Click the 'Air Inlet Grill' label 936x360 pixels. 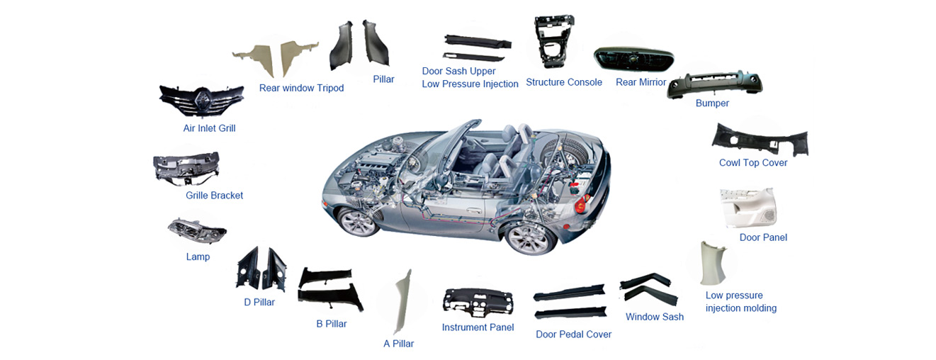209,128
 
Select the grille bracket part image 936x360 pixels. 186,168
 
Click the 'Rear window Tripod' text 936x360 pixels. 301,88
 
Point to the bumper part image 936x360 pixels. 714,84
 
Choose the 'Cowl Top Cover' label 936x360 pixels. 753,163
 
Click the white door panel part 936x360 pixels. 748,208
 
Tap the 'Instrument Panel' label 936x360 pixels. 478,327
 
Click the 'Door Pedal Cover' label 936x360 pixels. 574,334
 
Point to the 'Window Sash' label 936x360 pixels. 655,317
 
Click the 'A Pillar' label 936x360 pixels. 399,344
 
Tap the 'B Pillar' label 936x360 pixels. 332,324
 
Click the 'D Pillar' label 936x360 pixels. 259,303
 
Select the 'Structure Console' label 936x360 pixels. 564,82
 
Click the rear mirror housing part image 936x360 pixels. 633,59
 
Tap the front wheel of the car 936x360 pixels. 359,222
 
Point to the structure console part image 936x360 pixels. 553,41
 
